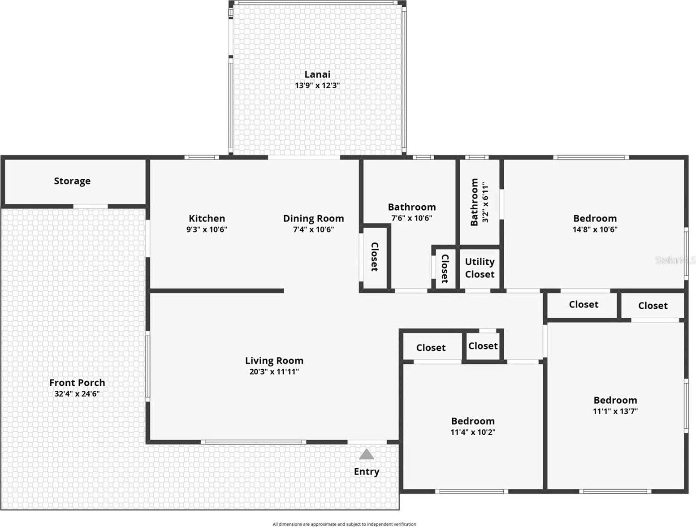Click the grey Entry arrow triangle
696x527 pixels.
pos(367,454)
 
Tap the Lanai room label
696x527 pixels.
pos(317,74)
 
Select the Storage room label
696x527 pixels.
pos(72,181)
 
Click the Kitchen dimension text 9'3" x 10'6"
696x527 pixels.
pos(207,229)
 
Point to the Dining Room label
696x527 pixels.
pos(313,219)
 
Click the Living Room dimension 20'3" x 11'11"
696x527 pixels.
pos(274,371)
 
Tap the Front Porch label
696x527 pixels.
pos(77,383)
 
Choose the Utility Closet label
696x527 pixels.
pos(480,268)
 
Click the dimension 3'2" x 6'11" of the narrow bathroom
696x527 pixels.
pos(485,202)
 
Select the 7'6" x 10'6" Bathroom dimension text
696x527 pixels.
pos(411,218)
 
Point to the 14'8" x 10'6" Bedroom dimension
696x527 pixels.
pos(595,229)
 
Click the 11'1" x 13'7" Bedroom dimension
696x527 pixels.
pos(615,411)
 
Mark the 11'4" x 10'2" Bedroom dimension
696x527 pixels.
pos(472,432)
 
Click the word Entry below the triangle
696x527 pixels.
pos(367,471)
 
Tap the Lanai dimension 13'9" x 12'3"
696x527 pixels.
pos(317,86)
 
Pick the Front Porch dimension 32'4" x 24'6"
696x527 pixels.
pos(77,394)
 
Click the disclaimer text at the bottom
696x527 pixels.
pos(344,524)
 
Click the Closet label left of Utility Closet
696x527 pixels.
pos(445,268)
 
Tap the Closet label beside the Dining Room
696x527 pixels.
pos(374,257)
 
